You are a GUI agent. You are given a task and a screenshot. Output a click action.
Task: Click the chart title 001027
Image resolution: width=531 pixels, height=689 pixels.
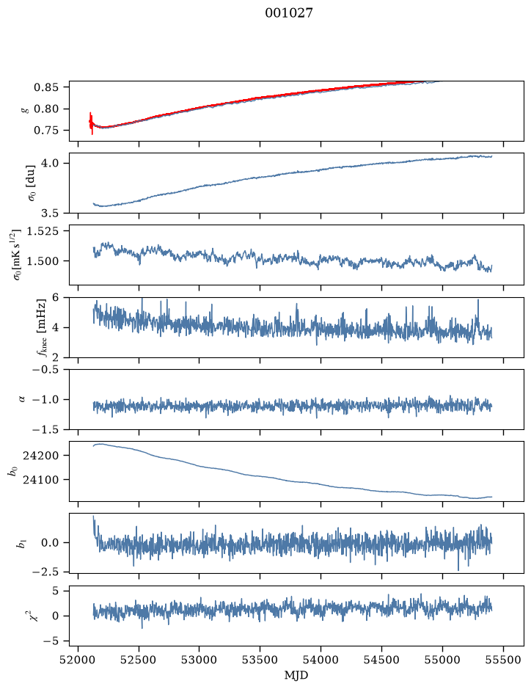pyautogui.click(x=289, y=13)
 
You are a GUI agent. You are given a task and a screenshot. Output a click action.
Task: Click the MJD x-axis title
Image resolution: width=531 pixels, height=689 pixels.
pyautogui.click(x=296, y=675)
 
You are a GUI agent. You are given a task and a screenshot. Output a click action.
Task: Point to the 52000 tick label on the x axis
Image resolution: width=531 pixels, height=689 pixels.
pyautogui.click(x=78, y=660)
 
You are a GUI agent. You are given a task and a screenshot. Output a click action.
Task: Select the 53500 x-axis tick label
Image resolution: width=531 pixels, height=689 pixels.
pyautogui.click(x=260, y=660)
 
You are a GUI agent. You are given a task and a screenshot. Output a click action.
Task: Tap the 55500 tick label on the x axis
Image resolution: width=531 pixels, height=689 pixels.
pyautogui.click(x=503, y=660)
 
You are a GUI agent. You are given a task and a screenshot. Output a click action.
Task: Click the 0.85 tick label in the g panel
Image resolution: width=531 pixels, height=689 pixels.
pyautogui.click(x=46, y=87)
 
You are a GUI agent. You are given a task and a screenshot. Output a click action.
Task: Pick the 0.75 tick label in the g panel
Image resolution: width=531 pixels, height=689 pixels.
pyautogui.click(x=46, y=131)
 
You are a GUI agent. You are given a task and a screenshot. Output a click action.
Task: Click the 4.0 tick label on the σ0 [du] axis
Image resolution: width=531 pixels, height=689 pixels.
pyautogui.click(x=50, y=164)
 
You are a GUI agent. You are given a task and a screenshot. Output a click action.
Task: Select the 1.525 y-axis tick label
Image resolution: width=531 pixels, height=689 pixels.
pyautogui.click(x=43, y=231)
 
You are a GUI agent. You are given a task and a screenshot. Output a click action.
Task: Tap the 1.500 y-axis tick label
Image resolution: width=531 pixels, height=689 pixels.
pyautogui.click(x=43, y=261)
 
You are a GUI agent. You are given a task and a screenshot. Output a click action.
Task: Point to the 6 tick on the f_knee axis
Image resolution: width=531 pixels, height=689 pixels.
pyautogui.click(x=55, y=297)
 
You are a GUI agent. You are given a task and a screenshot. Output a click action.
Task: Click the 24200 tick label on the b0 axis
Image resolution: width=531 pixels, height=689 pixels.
pyautogui.click(x=40, y=456)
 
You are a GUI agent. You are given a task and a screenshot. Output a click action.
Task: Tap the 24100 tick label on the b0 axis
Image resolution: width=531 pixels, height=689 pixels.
pyautogui.click(x=40, y=480)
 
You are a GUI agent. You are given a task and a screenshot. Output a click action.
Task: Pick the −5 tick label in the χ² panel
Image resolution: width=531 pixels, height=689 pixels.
pyautogui.click(x=51, y=641)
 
